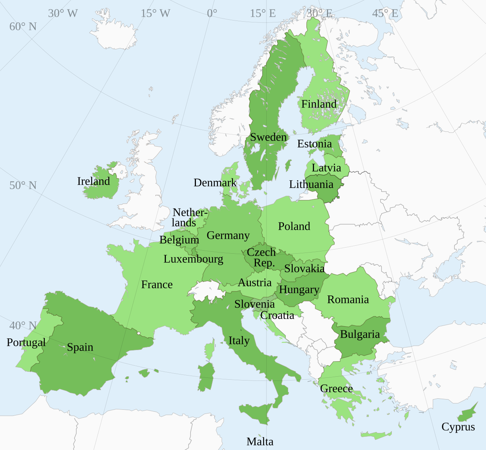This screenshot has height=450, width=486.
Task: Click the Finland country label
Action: point(319,104)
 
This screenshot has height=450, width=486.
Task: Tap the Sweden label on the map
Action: point(268,137)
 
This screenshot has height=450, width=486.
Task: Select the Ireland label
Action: point(93,182)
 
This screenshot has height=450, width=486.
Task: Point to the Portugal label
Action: point(26,343)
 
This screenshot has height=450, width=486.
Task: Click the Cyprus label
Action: point(458,427)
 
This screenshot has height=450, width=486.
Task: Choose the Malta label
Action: point(260,442)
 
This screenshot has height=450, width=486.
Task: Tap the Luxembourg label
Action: point(193,259)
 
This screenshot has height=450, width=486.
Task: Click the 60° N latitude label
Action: point(23,27)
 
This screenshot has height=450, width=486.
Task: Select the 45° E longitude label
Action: point(385,14)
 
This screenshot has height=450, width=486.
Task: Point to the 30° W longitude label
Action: point(63,14)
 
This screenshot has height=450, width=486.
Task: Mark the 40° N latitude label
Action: point(23,326)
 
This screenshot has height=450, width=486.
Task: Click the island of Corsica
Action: point(209,349)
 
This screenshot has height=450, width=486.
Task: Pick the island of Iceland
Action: point(114,34)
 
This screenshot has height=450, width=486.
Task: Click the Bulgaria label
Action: point(360,335)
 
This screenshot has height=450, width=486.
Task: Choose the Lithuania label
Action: point(311,185)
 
